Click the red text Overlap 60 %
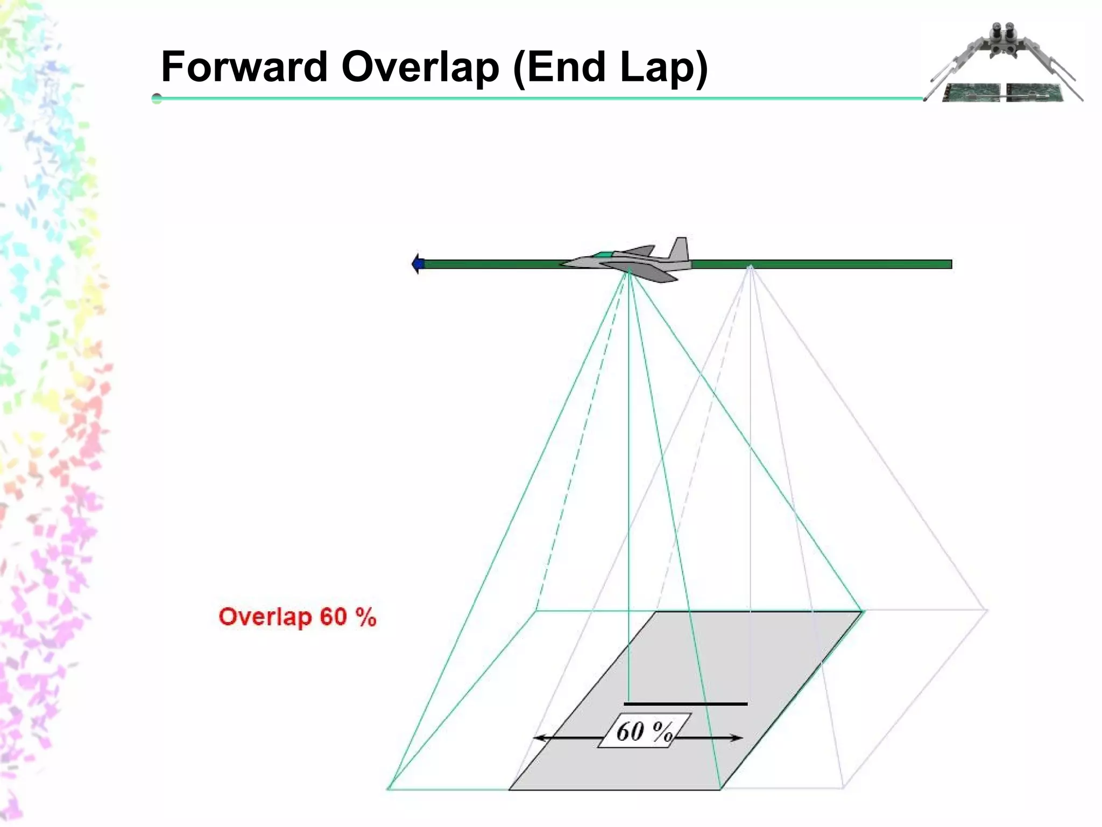pos(297,617)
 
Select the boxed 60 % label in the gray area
pos(644,731)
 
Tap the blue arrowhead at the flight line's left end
pos(418,264)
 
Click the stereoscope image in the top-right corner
pos(1004,64)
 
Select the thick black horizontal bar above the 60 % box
pos(686,704)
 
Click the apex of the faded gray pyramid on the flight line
pos(751,267)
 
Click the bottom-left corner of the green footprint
pos(389,789)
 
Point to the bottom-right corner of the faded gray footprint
pos(843,788)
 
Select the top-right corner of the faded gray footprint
pos(987,610)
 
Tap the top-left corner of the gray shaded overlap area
pos(656,612)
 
